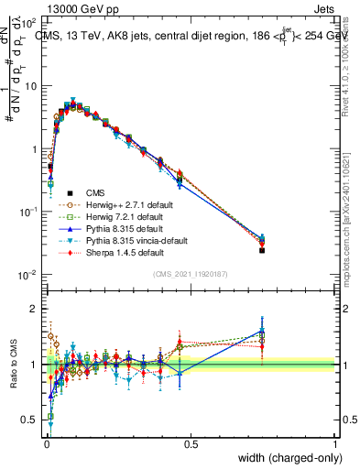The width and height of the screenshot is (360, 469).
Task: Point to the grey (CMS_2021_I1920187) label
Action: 189,274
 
